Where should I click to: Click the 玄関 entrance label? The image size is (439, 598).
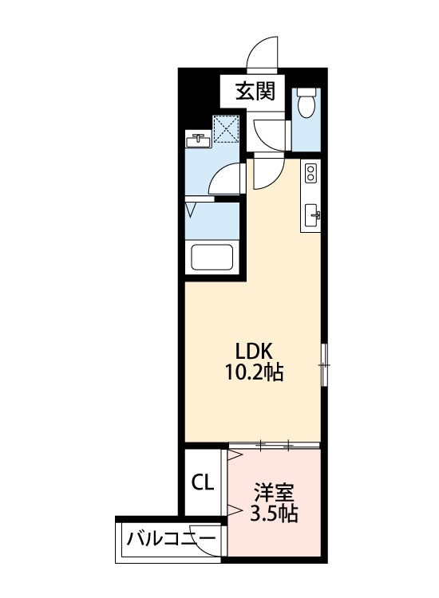254,92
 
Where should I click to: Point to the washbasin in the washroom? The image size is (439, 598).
197,140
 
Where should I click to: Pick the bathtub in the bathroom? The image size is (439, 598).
211,258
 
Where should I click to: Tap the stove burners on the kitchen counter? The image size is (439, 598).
310,173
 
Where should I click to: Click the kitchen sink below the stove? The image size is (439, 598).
311,213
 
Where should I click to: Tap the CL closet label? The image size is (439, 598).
202,482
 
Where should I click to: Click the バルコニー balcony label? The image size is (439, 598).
170,540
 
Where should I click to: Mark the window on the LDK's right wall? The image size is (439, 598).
324,364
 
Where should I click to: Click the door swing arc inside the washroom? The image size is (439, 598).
227,179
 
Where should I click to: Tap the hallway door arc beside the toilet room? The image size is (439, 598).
268,132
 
